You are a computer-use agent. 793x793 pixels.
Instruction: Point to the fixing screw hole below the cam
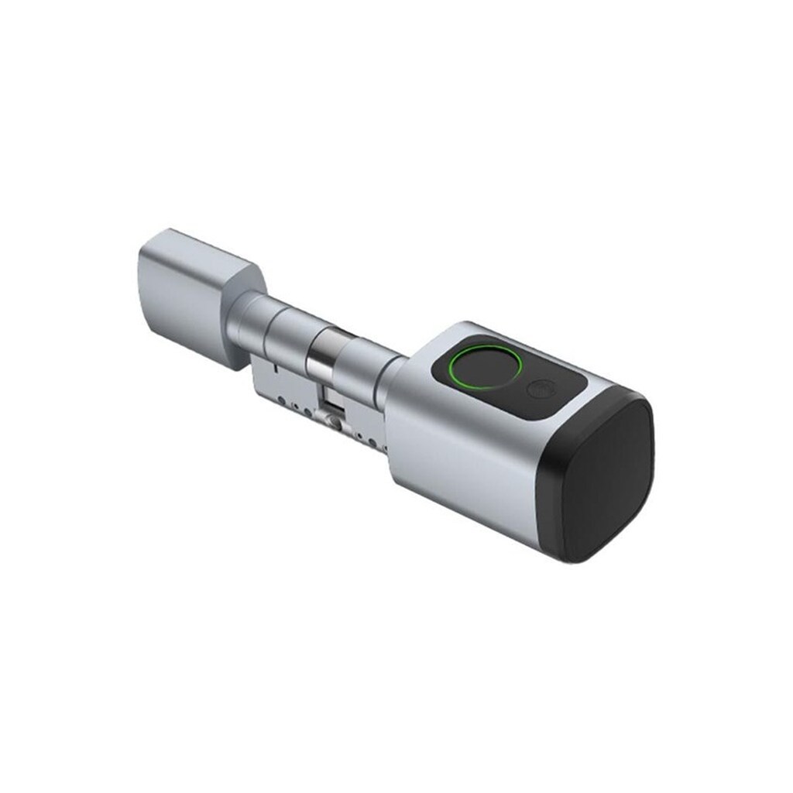[x=335, y=423]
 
